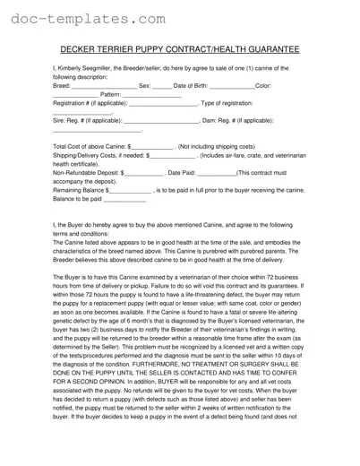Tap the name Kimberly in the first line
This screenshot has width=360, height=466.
pos(78,69)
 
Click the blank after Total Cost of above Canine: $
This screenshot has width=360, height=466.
pos(152,148)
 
